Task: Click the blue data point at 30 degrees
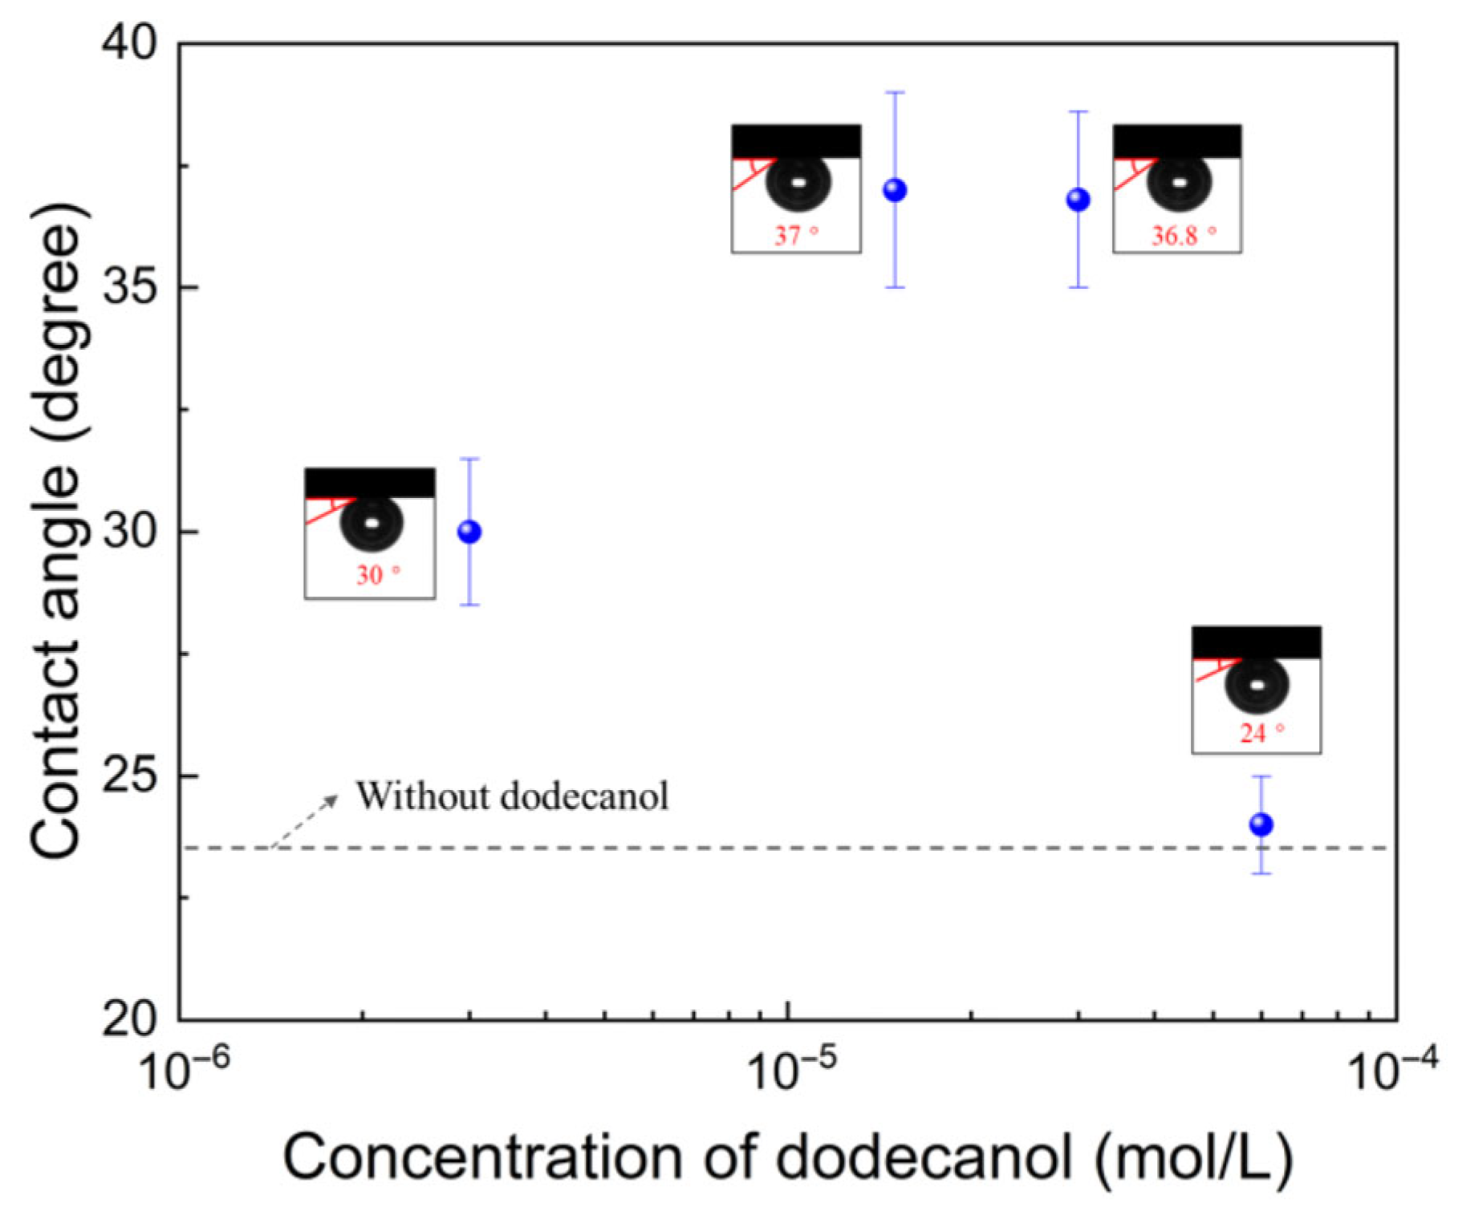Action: click(x=469, y=532)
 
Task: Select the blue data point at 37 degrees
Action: click(x=895, y=190)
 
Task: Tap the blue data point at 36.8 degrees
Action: click(x=1078, y=200)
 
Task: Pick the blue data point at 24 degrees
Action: click(x=1261, y=824)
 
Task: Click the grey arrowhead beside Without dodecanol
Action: click(x=331, y=799)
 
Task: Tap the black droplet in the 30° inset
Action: click(x=372, y=523)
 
